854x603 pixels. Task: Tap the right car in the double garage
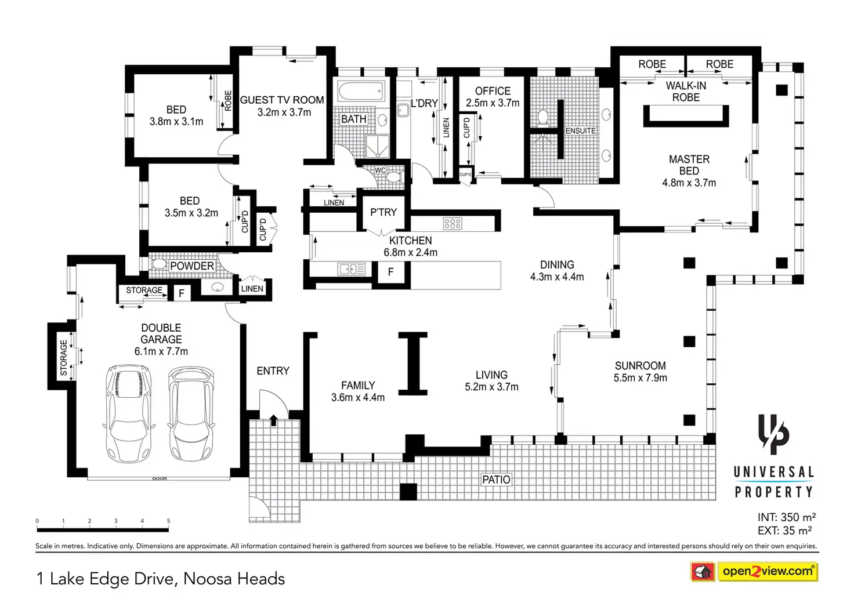(191, 413)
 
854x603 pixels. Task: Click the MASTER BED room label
(689, 165)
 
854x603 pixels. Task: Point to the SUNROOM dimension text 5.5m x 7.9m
(640, 378)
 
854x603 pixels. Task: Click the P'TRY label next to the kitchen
(383, 212)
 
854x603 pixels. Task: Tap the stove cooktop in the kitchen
(453, 223)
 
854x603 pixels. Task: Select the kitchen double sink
(352, 269)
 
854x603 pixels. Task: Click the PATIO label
(496, 480)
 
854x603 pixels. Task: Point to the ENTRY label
(273, 371)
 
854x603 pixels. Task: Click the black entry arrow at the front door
(273, 420)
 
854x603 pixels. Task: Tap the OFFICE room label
(493, 91)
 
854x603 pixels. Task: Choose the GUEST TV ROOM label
(282, 100)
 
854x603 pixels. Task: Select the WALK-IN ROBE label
(686, 92)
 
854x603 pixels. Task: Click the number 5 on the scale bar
(168, 521)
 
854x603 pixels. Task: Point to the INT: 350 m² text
(786, 517)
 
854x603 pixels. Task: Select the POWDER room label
(192, 266)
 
